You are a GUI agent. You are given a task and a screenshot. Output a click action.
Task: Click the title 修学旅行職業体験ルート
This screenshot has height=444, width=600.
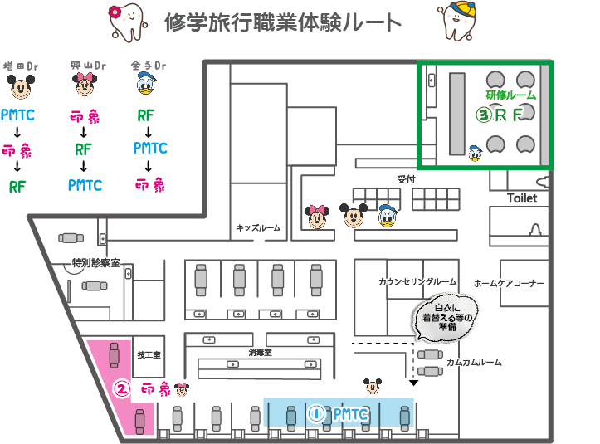click(x=283, y=22)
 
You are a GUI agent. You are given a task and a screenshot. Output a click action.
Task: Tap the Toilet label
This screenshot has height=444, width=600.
click(x=522, y=198)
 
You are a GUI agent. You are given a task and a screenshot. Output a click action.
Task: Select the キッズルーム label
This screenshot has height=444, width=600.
click(x=259, y=228)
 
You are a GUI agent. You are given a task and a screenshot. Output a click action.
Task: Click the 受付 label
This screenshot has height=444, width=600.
click(x=405, y=179)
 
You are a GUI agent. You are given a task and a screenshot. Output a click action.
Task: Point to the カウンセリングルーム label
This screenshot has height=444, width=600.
click(x=417, y=282)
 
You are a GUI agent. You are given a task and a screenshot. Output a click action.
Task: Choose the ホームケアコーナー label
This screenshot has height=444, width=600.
click(x=510, y=283)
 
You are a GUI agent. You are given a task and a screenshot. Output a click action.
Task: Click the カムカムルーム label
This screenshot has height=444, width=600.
click(x=474, y=363)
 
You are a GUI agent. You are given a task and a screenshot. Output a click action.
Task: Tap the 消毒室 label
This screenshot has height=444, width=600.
click(x=260, y=353)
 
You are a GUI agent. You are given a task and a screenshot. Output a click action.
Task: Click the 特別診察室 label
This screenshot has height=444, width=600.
click(x=95, y=262)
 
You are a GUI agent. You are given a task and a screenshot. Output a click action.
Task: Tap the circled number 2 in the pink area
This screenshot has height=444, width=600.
click(x=121, y=388)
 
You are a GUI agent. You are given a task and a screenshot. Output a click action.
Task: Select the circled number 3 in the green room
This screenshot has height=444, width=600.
click(x=481, y=115)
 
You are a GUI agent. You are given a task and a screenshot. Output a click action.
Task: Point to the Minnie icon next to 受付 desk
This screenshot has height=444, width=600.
click(x=317, y=216)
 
